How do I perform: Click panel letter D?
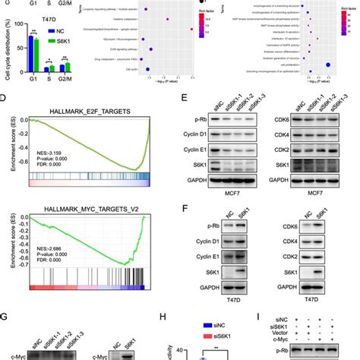(5, 99)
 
